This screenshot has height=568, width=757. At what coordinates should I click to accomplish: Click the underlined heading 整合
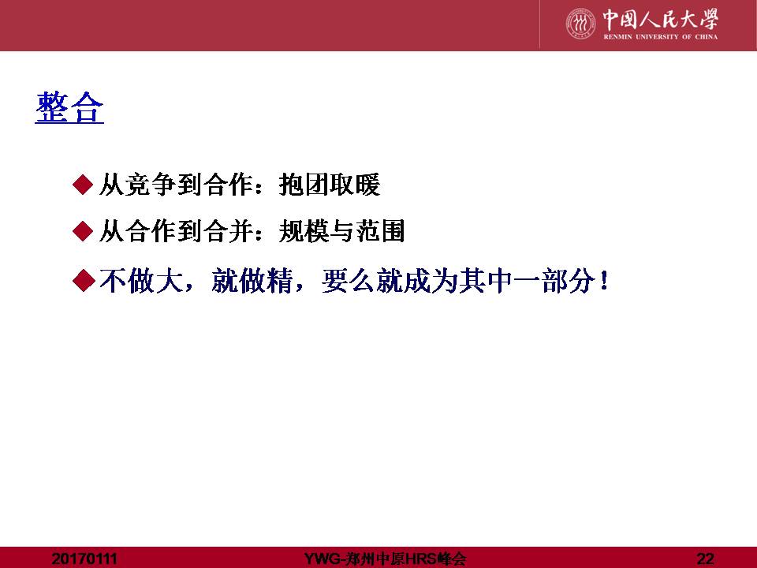pos(69,107)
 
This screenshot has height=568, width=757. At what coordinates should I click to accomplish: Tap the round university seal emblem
pos(581,23)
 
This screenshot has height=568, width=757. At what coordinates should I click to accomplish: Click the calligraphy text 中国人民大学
pos(660,20)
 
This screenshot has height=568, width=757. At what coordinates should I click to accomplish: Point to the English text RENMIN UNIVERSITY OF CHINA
pos(660,37)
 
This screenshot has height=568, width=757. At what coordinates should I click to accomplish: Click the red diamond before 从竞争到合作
pos(83,185)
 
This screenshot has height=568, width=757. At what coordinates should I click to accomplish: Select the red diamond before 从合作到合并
pos(83,231)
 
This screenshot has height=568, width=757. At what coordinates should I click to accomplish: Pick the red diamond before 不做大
pos(83,280)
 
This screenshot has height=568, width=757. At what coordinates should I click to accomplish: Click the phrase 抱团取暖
pos(330,185)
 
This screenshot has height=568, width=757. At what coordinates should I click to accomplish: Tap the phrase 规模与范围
pos(341,231)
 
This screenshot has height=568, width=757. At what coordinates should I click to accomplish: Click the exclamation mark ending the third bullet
pos(603,280)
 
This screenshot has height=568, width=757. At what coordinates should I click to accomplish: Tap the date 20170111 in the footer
pos(84,559)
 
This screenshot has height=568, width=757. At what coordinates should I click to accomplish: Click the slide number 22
pos(705,559)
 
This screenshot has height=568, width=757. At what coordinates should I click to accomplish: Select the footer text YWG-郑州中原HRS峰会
pos(385,559)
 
